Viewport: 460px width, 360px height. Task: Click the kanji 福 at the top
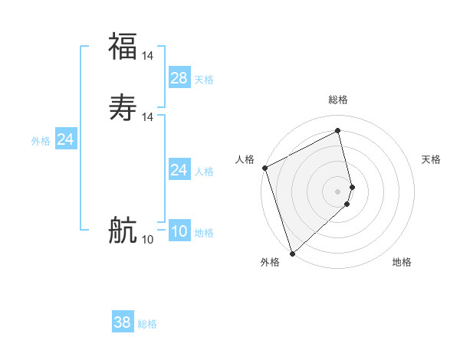pos(123,46)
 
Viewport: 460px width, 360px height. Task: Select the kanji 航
pos(123,229)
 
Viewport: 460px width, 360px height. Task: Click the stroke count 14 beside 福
pos(148,55)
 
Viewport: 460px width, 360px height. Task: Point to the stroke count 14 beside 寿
pos(148,116)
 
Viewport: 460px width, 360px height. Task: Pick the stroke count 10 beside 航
pos(148,240)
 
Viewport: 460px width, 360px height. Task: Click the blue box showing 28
pos(179,77)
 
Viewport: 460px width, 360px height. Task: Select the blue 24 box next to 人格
pos(179,169)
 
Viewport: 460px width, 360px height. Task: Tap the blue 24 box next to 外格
pos(66,139)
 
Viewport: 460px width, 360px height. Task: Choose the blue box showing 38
pos(123,322)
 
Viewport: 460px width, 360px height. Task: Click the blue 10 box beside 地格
pos(179,231)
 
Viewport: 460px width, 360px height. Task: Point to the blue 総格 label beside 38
pos(147,324)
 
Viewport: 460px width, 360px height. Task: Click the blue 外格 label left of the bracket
pos(41,141)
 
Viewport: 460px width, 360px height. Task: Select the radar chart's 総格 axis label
pos(338,100)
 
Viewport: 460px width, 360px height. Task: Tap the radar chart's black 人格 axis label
pos(245,159)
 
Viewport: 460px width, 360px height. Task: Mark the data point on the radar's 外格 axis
pos(291,253)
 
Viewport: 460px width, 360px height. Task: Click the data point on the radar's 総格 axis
pos(338,131)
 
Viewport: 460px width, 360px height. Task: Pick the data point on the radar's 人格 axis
pos(264,168)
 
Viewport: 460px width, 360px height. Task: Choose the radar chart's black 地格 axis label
pos(402,262)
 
